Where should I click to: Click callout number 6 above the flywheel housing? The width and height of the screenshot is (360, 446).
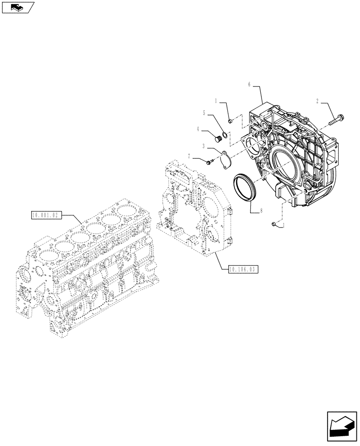(x=250, y=83)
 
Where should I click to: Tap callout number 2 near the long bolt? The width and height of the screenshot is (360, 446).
(x=317, y=101)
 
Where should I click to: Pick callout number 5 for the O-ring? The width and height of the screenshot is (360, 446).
(x=205, y=113)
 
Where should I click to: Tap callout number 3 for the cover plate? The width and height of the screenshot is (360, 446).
(x=203, y=146)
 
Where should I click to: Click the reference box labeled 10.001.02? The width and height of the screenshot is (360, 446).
(x=45, y=215)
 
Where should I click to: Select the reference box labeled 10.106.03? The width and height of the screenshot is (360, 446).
(x=243, y=269)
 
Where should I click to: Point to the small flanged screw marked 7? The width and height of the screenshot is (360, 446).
(x=210, y=161)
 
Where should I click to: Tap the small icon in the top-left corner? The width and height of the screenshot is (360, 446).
(x=18, y=7)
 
